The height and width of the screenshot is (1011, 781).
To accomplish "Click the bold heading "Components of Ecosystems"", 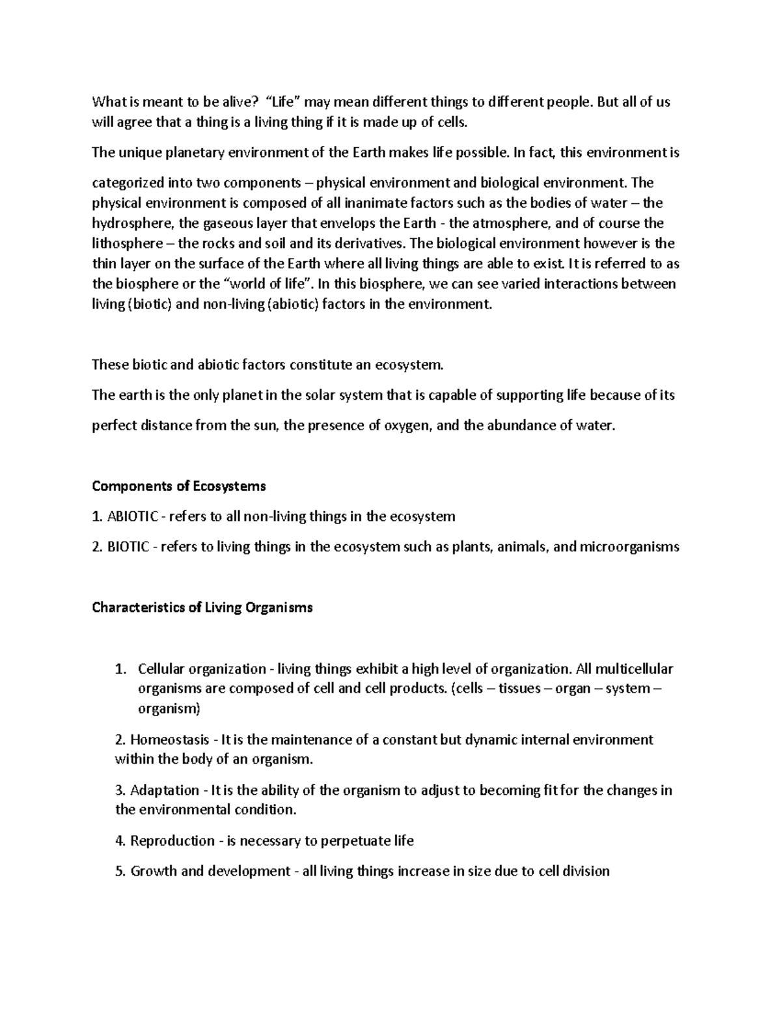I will [179, 486].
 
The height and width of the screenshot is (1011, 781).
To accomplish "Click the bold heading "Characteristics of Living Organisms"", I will [202, 608].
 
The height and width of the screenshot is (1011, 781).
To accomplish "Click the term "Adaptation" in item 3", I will [165, 790].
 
